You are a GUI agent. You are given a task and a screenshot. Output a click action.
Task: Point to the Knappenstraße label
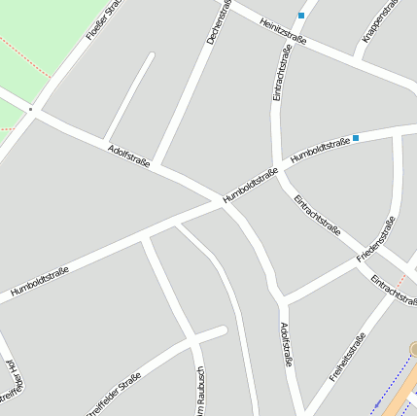point(380,21)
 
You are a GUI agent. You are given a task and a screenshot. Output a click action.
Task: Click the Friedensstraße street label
point(375,239)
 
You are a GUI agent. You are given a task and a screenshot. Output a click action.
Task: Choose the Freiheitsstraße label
point(347,357)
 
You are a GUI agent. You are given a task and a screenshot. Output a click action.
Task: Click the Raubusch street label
point(199,393)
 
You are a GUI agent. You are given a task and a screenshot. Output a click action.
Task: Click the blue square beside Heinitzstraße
point(301,16)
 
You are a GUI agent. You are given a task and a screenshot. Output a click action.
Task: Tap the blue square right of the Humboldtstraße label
point(357,139)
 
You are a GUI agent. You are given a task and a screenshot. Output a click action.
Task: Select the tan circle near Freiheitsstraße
point(413,348)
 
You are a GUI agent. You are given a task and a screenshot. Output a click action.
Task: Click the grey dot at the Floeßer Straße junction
point(31,111)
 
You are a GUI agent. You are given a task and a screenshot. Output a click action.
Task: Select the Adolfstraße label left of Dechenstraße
point(129,156)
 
